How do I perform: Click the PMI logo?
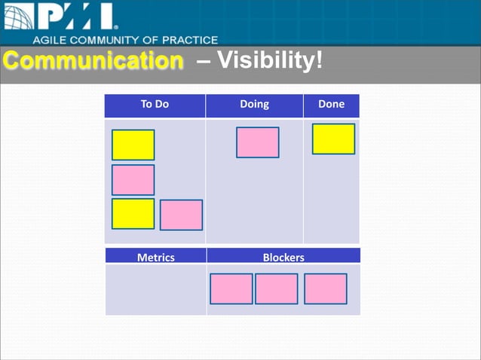[x=60, y=17]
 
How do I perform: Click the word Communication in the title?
[x=92, y=60]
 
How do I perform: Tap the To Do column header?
[x=155, y=105]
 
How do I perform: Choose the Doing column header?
[x=254, y=105]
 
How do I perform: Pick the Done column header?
[x=331, y=105]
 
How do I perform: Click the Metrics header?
[x=155, y=258]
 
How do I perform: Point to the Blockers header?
[x=283, y=258]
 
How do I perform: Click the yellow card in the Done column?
[x=333, y=139]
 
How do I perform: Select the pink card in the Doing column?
[x=257, y=142]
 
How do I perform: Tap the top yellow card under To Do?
[x=133, y=145]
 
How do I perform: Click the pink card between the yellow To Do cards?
[x=133, y=180]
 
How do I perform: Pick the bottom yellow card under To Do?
[x=133, y=214]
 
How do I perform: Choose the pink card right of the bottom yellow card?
[x=181, y=215]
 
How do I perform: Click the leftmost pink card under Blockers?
[x=231, y=288]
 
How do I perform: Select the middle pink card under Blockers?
[x=276, y=288]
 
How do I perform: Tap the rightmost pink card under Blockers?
[x=325, y=288]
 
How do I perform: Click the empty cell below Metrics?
[x=155, y=289]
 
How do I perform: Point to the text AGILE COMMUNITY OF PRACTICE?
[x=125, y=40]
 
